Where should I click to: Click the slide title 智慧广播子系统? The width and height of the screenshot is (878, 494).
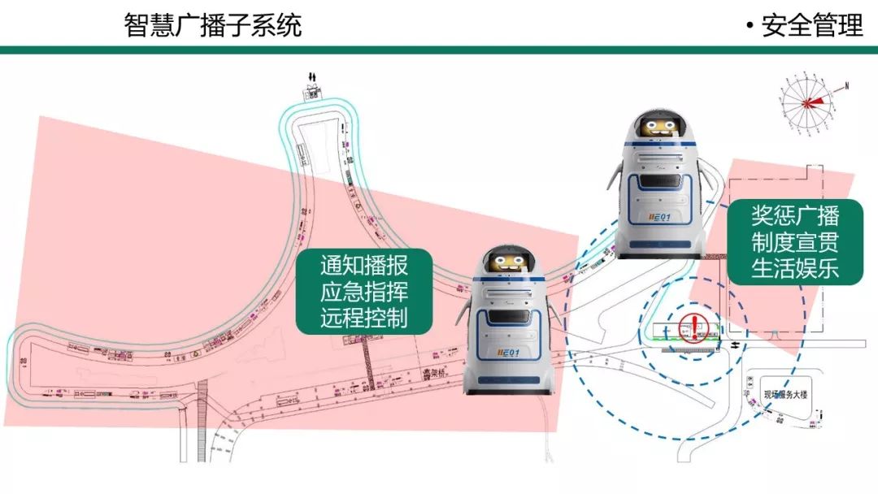point(213,25)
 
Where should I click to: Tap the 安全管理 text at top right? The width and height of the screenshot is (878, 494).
point(811,25)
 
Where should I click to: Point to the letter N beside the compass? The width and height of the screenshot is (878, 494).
point(846,85)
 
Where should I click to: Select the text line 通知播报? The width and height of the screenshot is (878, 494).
point(363,265)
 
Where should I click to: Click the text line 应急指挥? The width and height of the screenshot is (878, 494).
point(363,292)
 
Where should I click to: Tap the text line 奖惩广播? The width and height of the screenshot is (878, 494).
point(795,216)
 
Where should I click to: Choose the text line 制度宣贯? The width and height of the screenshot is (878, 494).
point(795,242)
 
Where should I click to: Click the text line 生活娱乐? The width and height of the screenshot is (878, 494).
point(795,268)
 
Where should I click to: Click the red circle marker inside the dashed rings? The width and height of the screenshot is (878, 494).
point(693,327)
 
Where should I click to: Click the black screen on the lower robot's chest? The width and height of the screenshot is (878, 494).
point(509,315)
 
